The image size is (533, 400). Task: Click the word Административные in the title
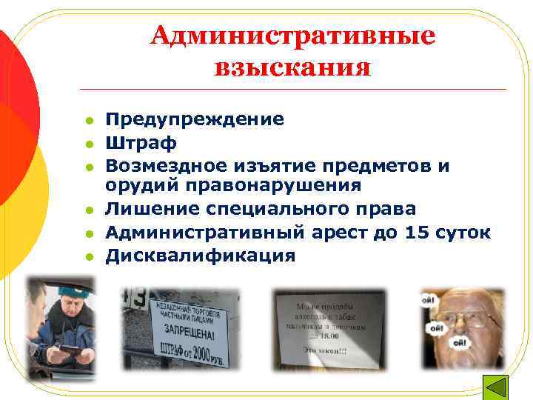click(x=293, y=36)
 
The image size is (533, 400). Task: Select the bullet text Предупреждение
click(x=195, y=119)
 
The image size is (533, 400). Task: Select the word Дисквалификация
click(x=201, y=256)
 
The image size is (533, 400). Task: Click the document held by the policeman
click(x=71, y=347)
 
